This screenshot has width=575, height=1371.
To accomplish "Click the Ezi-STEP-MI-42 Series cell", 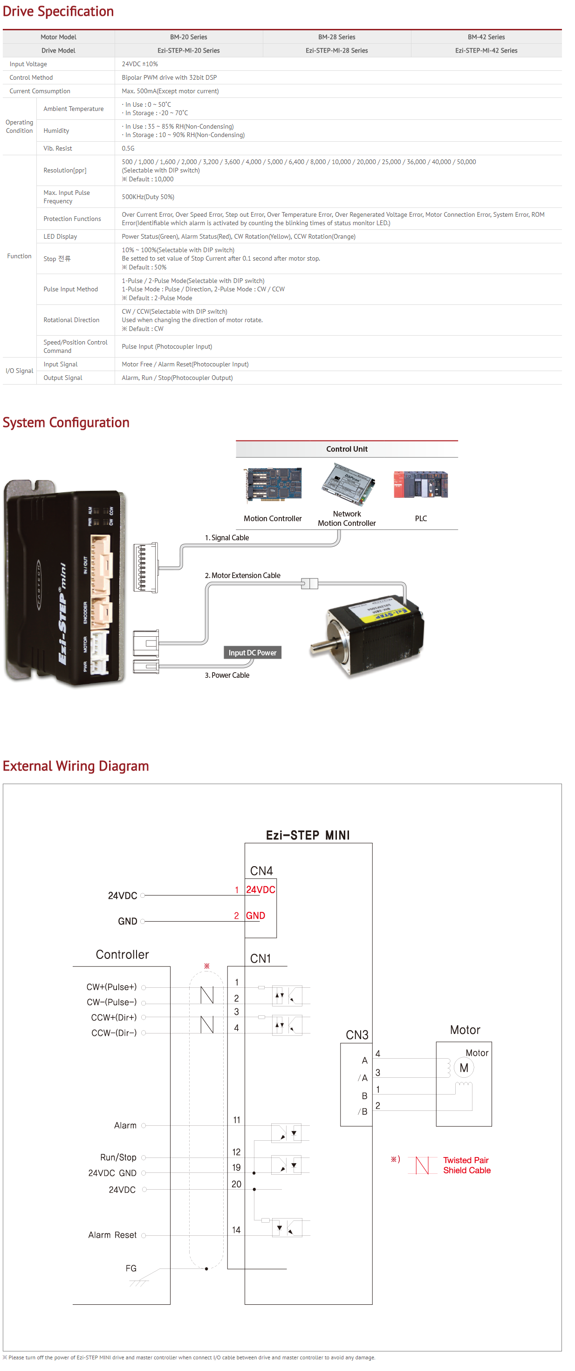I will click(x=486, y=50).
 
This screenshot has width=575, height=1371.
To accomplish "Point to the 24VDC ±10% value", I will click(x=139, y=64).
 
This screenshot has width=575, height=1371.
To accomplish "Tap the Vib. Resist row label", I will click(x=57, y=149).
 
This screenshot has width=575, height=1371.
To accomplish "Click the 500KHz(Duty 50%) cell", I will click(x=148, y=197).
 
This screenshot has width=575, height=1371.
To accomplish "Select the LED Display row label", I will click(x=60, y=236).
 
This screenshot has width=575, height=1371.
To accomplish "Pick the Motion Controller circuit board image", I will click(x=273, y=484).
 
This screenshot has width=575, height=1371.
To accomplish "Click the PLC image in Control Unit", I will click(x=420, y=484).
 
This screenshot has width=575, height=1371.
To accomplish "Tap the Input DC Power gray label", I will click(x=252, y=653).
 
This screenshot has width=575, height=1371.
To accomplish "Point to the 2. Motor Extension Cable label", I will click(x=243, y=575).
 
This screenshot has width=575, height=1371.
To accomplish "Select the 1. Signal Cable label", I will click(x=226, y=537).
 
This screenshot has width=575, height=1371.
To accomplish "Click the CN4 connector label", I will click(x=261, y=871).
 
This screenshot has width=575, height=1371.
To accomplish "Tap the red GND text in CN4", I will click(x=255, y=916).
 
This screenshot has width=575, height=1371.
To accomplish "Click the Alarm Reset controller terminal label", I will click(x=112, y=1235).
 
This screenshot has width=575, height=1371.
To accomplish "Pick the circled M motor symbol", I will click(x=463, y=1068).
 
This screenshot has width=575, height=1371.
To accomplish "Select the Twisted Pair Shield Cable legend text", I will click(x=466, y=1165).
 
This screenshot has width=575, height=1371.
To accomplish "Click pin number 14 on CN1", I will click(x=236, y=1230).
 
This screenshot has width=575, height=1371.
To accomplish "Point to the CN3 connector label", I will click(x=357, y=1034).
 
